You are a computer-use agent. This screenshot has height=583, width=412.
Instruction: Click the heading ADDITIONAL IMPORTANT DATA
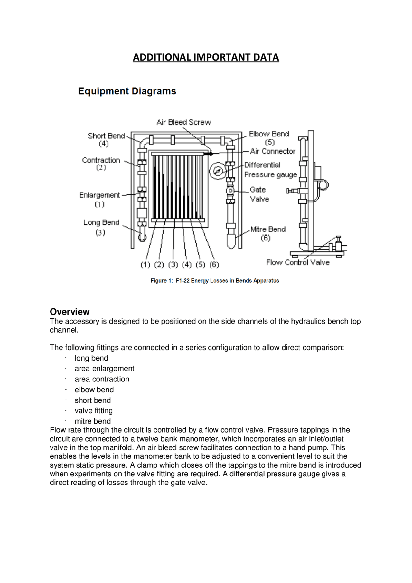pyautogui.click(x=206, y=57)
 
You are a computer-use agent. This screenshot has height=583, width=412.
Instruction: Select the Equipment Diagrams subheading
pyautogui.click(x=127, y=91)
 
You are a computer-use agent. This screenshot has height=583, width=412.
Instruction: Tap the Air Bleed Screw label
pyautogui.click(x=183, y=122)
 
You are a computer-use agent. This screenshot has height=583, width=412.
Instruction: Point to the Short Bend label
pyautogui.click(x=106, y=136)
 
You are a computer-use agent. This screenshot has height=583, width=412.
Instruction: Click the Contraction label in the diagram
pyautogui.click(x=101, y=160)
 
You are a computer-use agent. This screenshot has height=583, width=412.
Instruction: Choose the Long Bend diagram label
pyautogui.click(x=101, y=222)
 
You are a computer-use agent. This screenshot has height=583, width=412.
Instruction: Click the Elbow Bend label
pyautogui.click(x=269, y=134)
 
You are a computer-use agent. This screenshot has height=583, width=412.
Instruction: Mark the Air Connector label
pyautogui.click(x=273, y=151)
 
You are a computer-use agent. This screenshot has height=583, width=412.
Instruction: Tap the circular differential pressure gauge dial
pyautogui.click(x=218, y=171)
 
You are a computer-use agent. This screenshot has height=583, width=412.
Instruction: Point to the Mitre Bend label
pyautogui.click(x=268, y=229)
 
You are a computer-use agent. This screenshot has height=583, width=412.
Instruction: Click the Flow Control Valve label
pyautogui.click(x=297, y=262)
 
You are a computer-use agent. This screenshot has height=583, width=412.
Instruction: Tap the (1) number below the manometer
pyautogui.click(x=145, y=265)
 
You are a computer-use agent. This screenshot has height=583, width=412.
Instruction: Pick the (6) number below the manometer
pyautogui.click(x=214, y=265)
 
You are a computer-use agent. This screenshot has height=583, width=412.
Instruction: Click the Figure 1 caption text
pyautogui.click(x=215, y=281)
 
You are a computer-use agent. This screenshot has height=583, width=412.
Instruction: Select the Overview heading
pyautogui.click(x=70, y=312)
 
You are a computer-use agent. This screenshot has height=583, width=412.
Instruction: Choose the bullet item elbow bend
pyautogui.click(x=94, y=390)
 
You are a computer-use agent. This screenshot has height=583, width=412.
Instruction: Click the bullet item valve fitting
pyautogui.click(x=93, y=411)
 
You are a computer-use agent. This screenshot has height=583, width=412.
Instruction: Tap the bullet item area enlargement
pyautogui.click(x=104, y=369)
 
